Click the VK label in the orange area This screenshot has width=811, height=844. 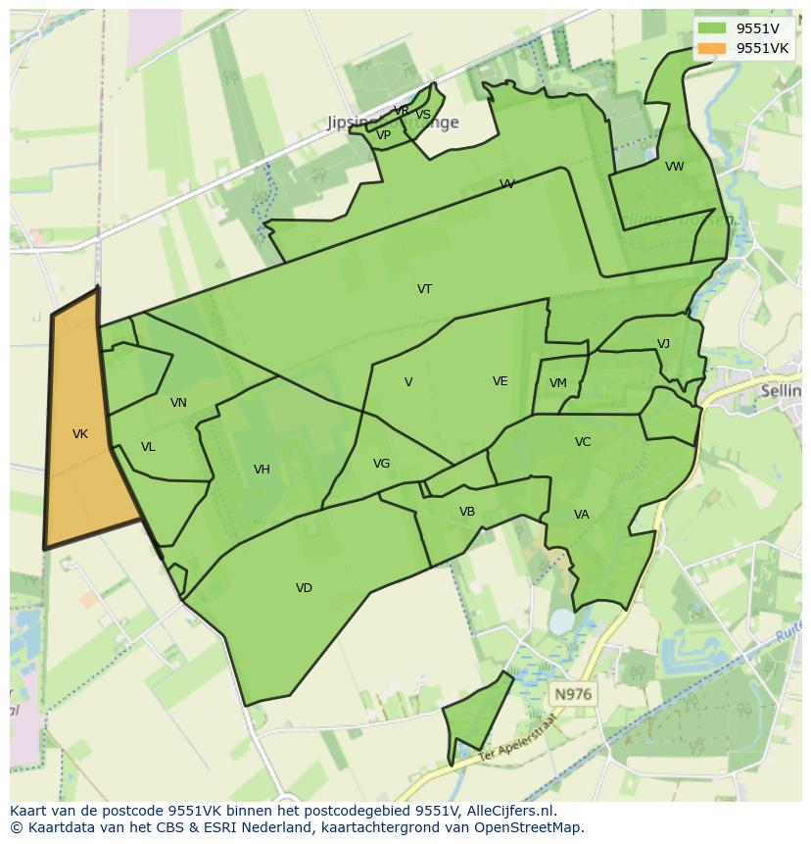tap(80, 433)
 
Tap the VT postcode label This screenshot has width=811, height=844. tap(424, 289)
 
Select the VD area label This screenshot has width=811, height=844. tap(304, 588)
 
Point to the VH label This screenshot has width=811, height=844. tap(262, 470)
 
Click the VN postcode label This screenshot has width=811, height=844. tap(178, 403)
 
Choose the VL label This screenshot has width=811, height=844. tap(148, 447)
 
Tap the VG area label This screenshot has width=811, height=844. tap(381, 464)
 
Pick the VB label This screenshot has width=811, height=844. tap(467, 512)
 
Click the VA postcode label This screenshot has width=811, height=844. tap(582, 515)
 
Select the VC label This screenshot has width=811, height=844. tap(583, 442)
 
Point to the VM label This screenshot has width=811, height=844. tap(558, 383)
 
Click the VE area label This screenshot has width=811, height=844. tap(501, 381)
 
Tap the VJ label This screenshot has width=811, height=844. tap(663, 344)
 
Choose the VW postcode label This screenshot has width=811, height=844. tap(675, 167)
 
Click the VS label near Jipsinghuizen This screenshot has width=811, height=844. tap(423, 115)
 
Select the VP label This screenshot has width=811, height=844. tap(384, 135)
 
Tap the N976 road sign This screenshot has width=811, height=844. tap(573, 694)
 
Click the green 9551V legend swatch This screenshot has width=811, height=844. tap(712, 28)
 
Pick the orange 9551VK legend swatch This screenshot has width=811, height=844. tap(712, 48)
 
